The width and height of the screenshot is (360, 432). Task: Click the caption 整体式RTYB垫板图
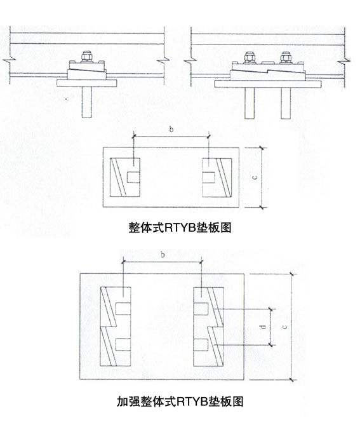tap(180, 227)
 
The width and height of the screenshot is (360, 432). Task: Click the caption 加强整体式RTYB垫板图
tap(180, 401)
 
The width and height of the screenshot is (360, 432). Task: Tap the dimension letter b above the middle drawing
tap(171, 129)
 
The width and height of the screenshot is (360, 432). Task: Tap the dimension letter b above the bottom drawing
tap(163, 255)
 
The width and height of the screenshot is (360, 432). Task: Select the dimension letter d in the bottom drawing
tap(263, 327)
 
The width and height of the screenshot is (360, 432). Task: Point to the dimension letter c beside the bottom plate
tap(285, 327)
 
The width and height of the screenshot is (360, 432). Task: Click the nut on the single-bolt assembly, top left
tap(86, 56)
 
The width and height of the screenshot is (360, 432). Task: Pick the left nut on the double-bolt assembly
tap(249, 58)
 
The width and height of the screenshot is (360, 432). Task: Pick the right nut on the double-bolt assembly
tap(285, 58)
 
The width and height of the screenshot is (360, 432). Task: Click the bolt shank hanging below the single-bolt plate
tap(86, 102)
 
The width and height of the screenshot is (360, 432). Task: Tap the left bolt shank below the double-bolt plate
tap(250, 104)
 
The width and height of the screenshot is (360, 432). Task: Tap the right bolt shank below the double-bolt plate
tap(286, 104)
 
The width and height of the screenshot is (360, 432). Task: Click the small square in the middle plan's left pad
tap(133, 177)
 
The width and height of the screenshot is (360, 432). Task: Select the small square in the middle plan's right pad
tap(209, 177)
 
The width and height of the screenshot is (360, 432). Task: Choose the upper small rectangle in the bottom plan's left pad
tap(123, 309)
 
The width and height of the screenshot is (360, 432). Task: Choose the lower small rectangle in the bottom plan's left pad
tap(123, 344)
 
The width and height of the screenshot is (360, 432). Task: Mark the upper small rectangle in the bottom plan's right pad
tap(201, 309)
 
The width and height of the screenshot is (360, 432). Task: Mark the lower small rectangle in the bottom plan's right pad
tap(201, 344)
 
